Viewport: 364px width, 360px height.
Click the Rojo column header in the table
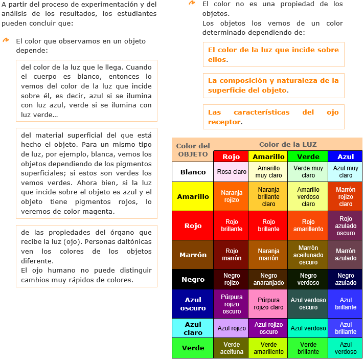click(x=232, y=156)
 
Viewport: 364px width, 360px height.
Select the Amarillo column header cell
click(x=268, y=156)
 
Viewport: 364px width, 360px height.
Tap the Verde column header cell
click(x=308, y=156)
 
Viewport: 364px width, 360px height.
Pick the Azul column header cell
click(x=346, y=156)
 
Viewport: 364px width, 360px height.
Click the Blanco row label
click(x=193, y=172)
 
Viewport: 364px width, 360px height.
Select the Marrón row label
click(x=193, y=255)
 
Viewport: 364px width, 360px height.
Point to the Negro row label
click(x=193, y=279)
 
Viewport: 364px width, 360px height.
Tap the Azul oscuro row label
click(x=193, y=304)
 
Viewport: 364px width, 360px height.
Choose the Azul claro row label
click(x=193, y=328)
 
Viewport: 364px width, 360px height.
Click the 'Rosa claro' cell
click(x=232, y=172)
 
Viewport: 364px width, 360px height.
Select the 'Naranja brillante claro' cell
click(x=268, y=196)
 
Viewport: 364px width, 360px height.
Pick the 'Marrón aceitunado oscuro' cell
click(x=308, y=255)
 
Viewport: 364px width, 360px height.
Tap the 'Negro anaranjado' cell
click(x=268, y=279)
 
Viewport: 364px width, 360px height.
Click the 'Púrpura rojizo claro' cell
click(x=268, y=304)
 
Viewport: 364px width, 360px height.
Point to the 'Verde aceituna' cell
click(x=232, y=348)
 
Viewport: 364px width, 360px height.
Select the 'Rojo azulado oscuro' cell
click(x=346, y=226)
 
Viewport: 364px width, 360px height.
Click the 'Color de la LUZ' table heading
click(x=288, y=144)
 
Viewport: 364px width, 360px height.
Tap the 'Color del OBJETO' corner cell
click(x=193, y=150)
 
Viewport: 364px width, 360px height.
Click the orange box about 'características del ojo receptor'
click(x=273, y=117)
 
